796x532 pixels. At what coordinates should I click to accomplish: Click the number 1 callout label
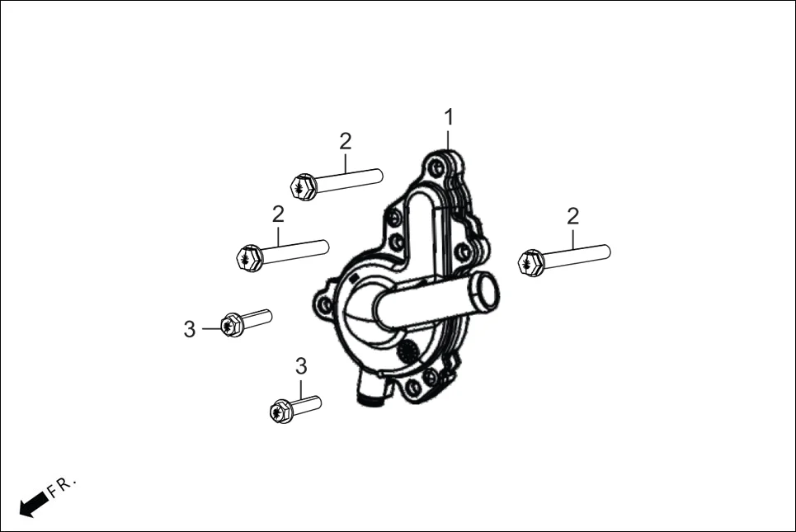click(449, 117)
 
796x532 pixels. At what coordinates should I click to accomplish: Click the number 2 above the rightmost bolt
click(572, 217)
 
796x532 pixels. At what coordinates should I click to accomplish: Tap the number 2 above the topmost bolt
click(345, 140)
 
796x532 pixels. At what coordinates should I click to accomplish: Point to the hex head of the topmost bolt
click(304, 187)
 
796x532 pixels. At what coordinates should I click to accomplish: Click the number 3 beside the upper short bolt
click(190, 330)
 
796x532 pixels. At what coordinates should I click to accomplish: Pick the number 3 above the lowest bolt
click(301, 365)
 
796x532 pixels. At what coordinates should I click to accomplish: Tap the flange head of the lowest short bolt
click(280, 411)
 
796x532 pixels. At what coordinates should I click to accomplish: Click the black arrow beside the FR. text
click(32, 503)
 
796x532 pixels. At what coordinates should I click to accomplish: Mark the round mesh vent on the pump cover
click(407, 353)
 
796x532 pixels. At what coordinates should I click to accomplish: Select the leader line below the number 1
click(449, 140)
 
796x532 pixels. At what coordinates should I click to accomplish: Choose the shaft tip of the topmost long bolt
click(379, 175)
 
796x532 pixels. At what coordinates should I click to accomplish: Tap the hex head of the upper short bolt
click(232, 325)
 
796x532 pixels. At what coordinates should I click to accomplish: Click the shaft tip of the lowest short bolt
click(318, 403)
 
